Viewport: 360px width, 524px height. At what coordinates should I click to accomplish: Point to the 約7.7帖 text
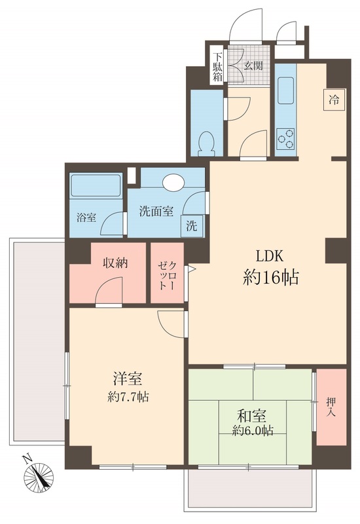pos(128,396)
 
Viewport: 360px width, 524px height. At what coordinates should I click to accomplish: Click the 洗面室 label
pos(156,212)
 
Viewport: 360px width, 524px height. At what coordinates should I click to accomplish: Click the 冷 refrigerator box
pos(333,100)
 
